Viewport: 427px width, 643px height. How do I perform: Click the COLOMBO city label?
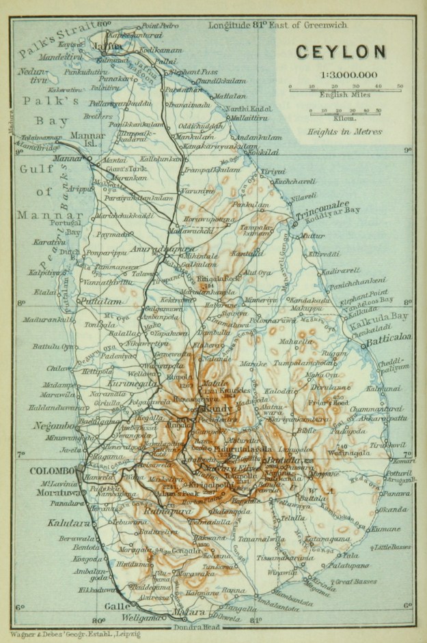52,471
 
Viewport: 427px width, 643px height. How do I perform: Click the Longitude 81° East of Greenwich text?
278,26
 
